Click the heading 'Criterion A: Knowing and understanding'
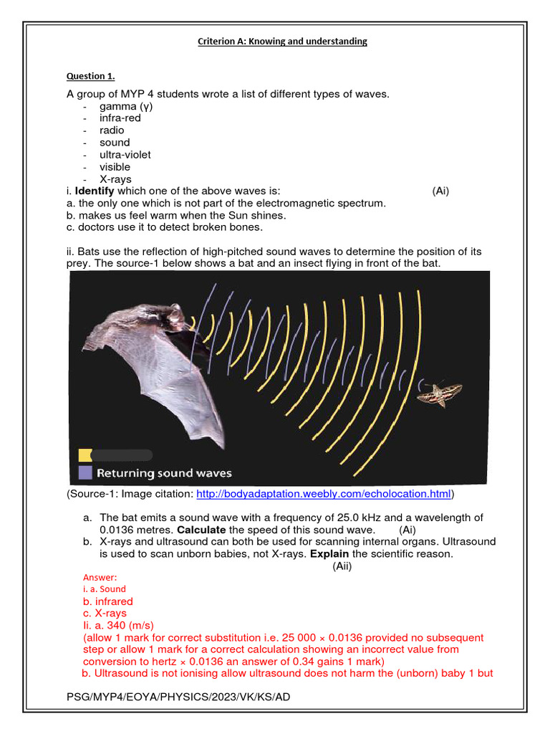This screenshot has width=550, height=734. pos(282,42)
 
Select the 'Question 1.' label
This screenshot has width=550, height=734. pos(91,76)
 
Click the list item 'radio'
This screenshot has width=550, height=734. pos(112,130)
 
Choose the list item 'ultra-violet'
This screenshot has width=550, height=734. pos(125,155)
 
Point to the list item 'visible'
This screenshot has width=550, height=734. pos(115,167)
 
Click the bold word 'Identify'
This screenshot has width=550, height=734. pos(95,191)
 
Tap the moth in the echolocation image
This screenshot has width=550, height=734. pos(440,392)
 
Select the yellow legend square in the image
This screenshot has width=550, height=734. pos(85,454)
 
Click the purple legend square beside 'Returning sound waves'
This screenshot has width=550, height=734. pos(85,472)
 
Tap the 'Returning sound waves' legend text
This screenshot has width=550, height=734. pos(164,473)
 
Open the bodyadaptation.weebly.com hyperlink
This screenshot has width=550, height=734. pos(324,494)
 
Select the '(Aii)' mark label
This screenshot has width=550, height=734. pos(342,566)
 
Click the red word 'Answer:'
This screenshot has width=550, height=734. pos(100,577)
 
